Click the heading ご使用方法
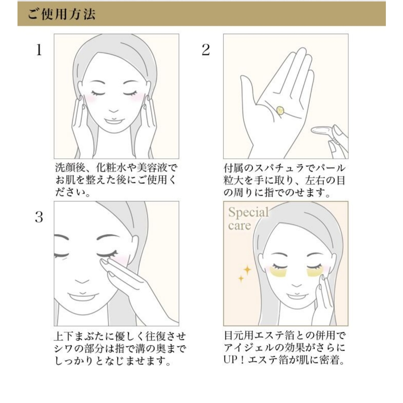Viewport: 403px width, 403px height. pyautogui.click(x=62, y=14)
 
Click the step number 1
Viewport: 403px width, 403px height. pyautogui.click(x=39, y=50)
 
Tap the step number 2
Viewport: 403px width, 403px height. pyautogui.click(x=206, y=50)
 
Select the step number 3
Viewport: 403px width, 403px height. pyautogui.click(x=39, y=217)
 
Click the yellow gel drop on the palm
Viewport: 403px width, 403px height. pyautogui.click(x=280, y=110)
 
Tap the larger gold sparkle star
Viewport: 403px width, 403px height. pyautogui.click(x=247, y=270)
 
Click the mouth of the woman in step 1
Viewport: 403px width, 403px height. pyautogui.click(x=113, y=121)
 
